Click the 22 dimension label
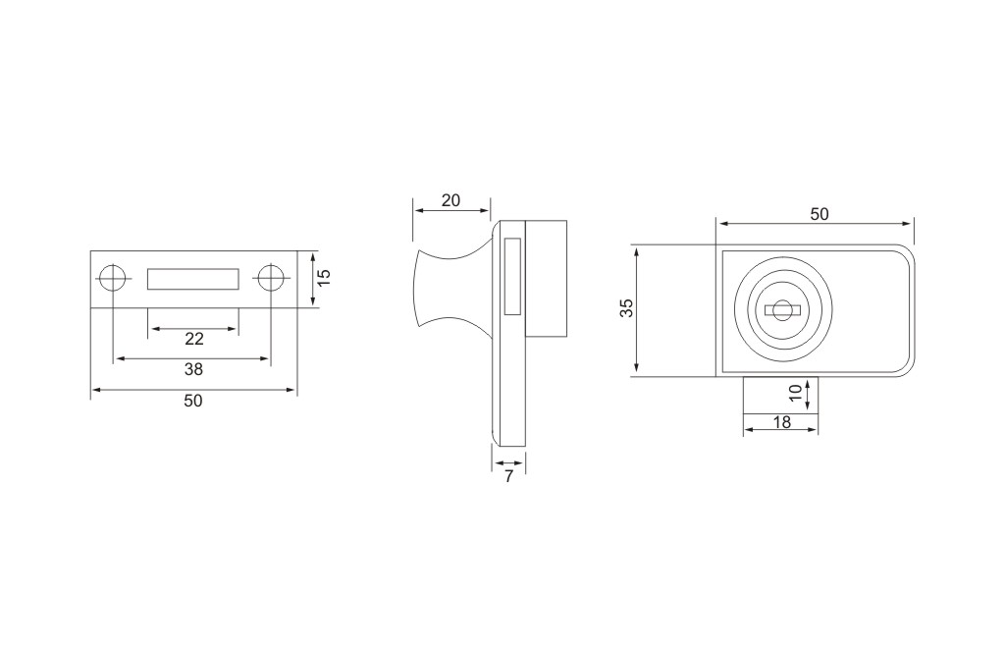(x=194, y=339)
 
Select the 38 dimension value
(x=193, y=369)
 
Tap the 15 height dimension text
(x=324, y=277)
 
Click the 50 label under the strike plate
(x=193, y=401)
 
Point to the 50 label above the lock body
(x=820, y=214)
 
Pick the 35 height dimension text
(x=627, y=307)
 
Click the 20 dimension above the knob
(x=450, y=200)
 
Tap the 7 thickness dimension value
(x=509, y=476)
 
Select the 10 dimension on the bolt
(x=795, y=393)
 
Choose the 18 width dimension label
(x=782, y=422)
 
